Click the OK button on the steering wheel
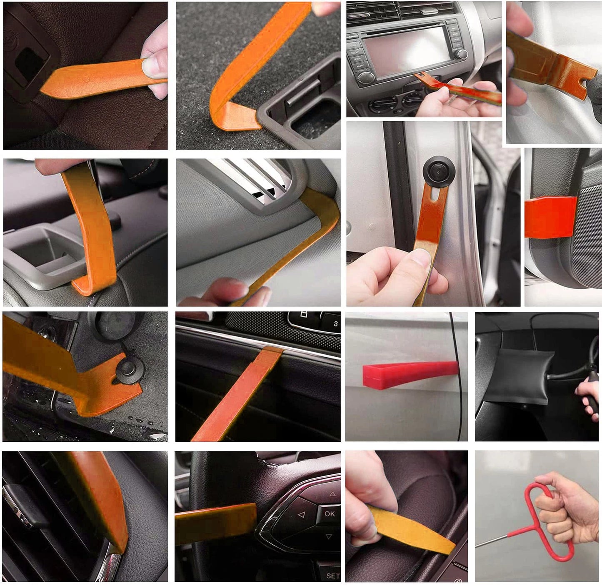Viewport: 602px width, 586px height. pyautogui.click(x=329, y=514)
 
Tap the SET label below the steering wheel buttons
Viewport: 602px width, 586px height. pyautogui.click(x=332, y=576)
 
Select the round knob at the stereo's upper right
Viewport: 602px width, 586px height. pyautogui.click(x=460, y=54)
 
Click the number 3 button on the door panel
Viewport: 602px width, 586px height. pyautogui.click(x=335, y=323)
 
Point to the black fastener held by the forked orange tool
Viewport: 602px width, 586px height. pyautogui.click(x=127, y=368)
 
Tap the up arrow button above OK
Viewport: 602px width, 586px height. pyautogui.click(x=332, y=494)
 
